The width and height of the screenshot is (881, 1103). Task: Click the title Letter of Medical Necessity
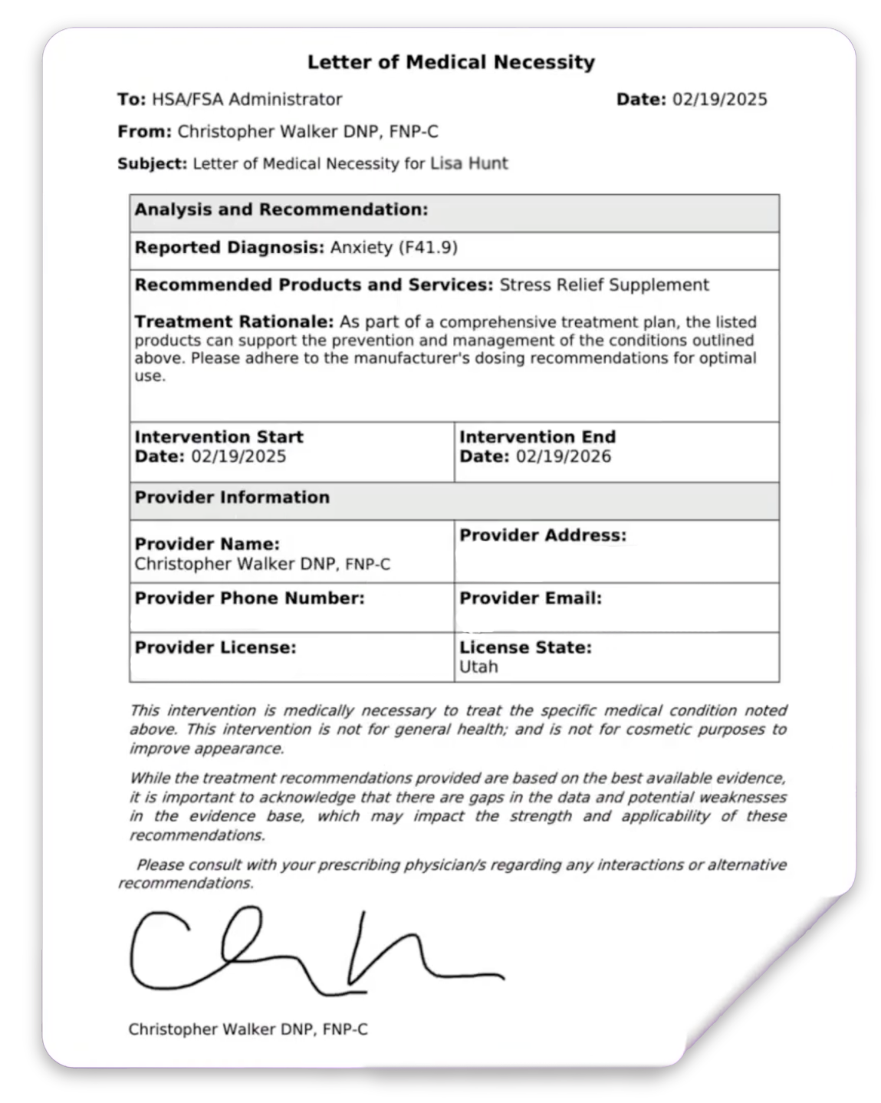point(451,62)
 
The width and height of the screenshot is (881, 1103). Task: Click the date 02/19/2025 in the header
point(719,99)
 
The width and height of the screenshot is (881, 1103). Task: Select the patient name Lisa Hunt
point(468,163)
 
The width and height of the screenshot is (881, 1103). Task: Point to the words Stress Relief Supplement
point(603,285)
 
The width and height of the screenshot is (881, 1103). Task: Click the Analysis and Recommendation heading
point(281,210)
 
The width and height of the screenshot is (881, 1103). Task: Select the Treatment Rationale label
point(234,322)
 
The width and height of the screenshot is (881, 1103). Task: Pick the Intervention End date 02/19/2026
point(564,457)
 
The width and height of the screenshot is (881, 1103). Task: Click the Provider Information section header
point(232,497)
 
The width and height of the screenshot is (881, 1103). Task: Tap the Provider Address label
point(542,535)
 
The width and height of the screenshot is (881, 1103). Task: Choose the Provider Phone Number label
point(249,598)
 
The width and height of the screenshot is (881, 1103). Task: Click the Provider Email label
point(530,598)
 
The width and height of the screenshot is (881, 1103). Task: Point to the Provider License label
point(215,647)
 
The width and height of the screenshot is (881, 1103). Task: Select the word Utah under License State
point(478,667)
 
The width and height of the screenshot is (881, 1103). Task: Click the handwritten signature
point(307,951)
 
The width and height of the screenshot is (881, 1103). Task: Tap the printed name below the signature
point(248,1029)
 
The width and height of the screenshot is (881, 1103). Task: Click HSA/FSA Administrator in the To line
point(247,99)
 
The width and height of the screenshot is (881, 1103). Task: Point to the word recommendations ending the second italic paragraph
point(197,835)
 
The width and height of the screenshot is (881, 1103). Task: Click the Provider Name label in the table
point(207,545)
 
